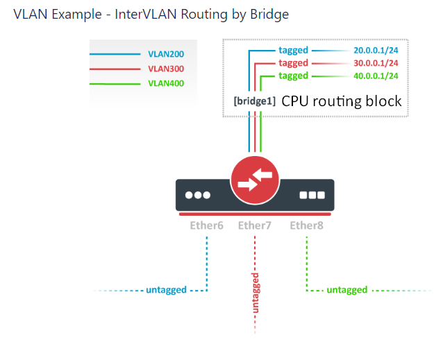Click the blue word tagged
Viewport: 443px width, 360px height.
pyautogui.click(x=293, y=51)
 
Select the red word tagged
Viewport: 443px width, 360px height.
pyautogui.click(x=293, y=63)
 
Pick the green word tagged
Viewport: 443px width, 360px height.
pyautogui.click(x=293, y=76)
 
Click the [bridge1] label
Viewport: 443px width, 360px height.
pyautogui.click(x=254, y=101)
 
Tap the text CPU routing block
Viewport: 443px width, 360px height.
pyautogui.click(x=341, y=101)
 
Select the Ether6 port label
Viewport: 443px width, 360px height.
pyautogui.click(x=206, y=225)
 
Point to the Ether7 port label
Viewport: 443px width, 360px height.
pyautogui.click(x=255, y=225)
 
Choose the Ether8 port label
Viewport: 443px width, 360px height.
pyautogui.click(x=306, y=225)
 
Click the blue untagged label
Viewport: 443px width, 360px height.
pyautogui.click(x=166, y=290)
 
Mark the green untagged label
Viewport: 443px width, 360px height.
pyautogui.click(x=347, y=290)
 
